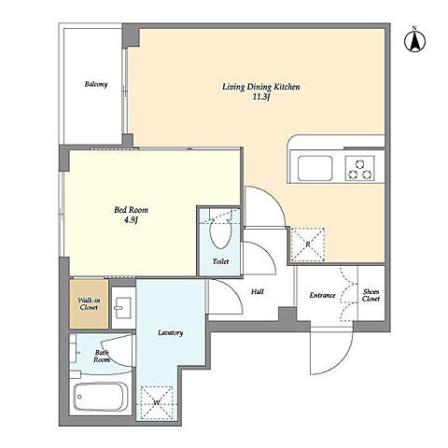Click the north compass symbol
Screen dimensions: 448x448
[x=414, y=40]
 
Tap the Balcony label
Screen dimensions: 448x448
[x=96, y=84]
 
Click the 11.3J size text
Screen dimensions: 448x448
[x=261, y=97]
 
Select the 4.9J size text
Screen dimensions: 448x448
[x=131, y=220]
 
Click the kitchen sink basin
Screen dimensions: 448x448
[x=315, y=168]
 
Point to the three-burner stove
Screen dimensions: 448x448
[x=359, y=168]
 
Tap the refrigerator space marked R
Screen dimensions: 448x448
[x=308, y=245]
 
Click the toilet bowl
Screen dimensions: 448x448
[x=220, y=232]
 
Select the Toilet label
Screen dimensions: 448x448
[x=220, y=261]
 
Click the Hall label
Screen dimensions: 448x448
[x=258, y=291]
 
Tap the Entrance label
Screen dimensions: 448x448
[x=322, y=295]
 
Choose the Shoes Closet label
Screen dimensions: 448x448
[x=371, y=295]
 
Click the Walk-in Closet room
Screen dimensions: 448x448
[x=89, y=304]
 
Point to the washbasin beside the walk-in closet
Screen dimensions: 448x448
[x=123, y=307]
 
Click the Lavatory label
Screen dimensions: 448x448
[x=171, y=332]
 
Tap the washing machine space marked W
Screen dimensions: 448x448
[x=157, y=403]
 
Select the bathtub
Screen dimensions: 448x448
[x=101, y=397]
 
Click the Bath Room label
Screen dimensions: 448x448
[x=102, y=357]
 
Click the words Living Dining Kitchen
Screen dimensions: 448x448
[x=261, y=87]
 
